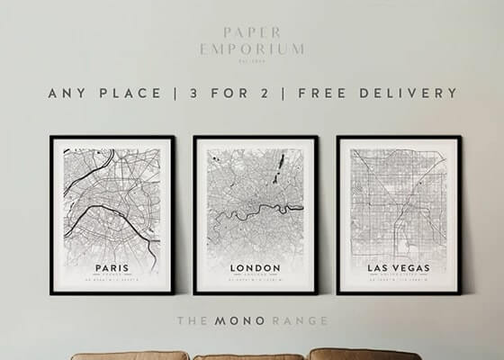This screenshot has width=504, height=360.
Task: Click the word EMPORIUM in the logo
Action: (x=251, y=49)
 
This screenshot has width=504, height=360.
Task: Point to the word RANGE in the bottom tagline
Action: (x=301, y=320)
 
